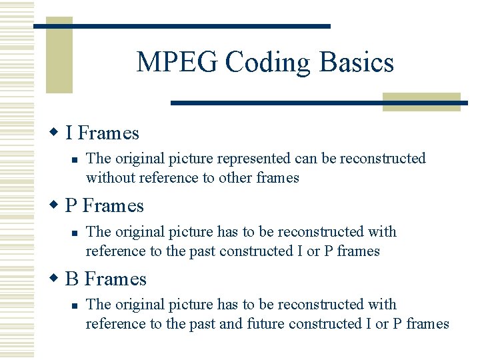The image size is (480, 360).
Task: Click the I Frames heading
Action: [x=102, y=133]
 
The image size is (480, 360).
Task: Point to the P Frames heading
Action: [x=105, y=206]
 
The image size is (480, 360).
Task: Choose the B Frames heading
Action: [x=106, y=279]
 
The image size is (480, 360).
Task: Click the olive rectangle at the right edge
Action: [x=421, y=101]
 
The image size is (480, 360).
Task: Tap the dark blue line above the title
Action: [x=181, y=26]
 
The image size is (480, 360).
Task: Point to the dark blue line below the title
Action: [x=319, y=103]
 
